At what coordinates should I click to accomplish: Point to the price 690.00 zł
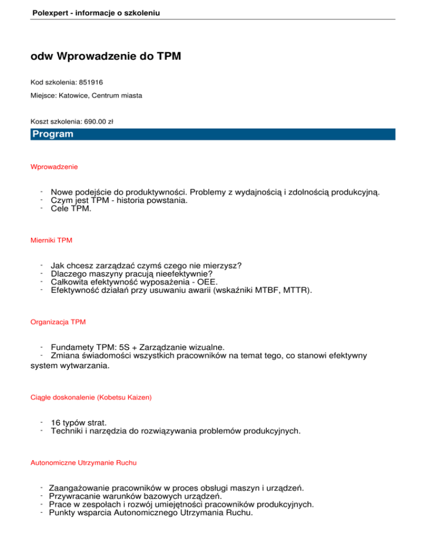coord(98,121)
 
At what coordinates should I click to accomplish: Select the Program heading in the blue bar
coord(53,134)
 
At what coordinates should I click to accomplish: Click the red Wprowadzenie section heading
coord(54,166)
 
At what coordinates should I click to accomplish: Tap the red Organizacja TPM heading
coord(58,322)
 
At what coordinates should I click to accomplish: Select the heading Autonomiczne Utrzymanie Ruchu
coord(84,462)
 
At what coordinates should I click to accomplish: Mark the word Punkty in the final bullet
coord(64,513)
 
